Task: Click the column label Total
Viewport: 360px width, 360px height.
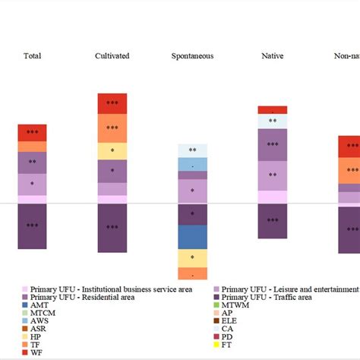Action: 33,56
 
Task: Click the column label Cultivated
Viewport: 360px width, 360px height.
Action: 112,56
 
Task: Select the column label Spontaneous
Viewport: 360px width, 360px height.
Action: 192,56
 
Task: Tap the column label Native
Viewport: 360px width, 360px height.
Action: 272,56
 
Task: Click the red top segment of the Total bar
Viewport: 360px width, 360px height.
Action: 33,132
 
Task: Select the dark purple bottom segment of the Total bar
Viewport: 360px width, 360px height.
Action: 33,226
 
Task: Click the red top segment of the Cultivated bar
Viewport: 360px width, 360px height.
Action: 112,103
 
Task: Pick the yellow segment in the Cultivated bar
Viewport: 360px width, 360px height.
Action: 112,151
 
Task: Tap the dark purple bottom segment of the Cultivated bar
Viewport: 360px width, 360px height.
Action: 112,227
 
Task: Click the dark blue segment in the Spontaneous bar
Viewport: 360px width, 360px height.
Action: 192,237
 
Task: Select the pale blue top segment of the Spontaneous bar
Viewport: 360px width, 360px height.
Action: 192,150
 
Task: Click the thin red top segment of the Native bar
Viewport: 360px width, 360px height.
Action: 272,110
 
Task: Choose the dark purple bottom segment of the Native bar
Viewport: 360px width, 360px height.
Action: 272,220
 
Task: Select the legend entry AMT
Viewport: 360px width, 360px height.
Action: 38,306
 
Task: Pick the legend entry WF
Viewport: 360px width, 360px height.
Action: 36,352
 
